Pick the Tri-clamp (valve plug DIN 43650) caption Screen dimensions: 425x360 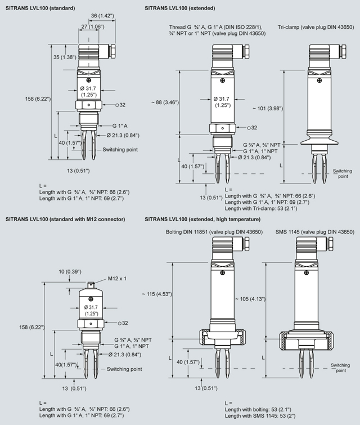(315, 27)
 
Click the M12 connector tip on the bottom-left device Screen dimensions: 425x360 (90, 285)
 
